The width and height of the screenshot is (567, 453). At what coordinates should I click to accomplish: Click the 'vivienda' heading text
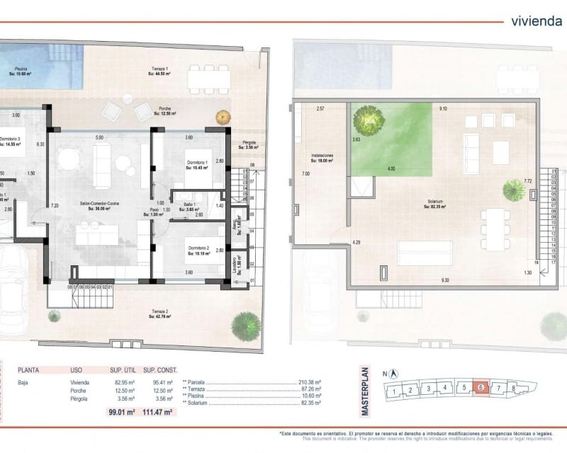pos(537,21)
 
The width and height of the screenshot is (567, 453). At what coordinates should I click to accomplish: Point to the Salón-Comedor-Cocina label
pos(100,206)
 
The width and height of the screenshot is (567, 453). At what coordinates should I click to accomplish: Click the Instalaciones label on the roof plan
pos(322,158)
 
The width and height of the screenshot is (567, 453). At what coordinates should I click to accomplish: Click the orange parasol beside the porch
pos(223,115)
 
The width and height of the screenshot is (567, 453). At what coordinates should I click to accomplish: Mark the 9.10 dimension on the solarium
pos(444,109)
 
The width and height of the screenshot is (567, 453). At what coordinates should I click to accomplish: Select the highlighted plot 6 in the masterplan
pos(481,388)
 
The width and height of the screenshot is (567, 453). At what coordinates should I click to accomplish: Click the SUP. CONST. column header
pos(160,369)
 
